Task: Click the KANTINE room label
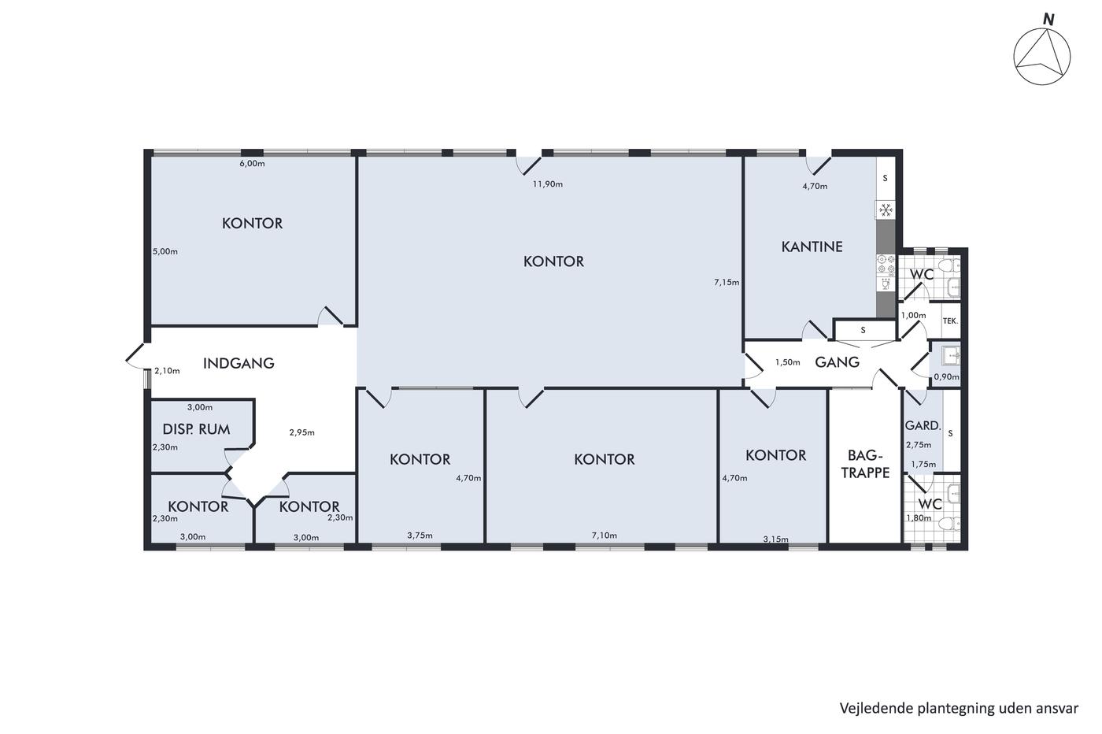812,247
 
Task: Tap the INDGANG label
239,363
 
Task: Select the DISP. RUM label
196,429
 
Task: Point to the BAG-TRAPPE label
865,464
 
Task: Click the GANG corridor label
837,362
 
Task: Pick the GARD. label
923,425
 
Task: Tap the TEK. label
951,321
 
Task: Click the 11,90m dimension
548,184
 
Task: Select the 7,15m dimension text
727,283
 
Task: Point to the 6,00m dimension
252,164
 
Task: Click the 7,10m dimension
605,535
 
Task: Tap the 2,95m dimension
301,432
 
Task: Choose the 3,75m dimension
420,535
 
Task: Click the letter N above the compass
1048,20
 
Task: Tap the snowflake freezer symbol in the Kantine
886,210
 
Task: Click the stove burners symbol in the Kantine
886,264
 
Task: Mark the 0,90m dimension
946,377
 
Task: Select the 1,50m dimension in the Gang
788,362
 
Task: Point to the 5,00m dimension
165,251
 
